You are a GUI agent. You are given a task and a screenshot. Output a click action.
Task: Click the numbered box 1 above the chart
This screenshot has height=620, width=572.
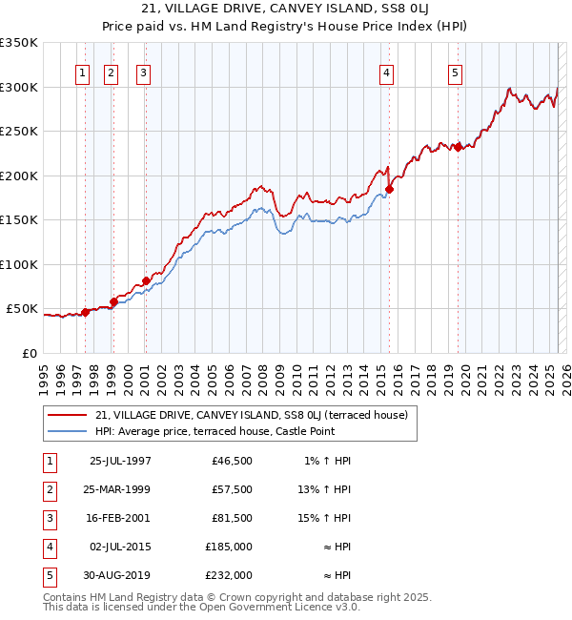point(83,72)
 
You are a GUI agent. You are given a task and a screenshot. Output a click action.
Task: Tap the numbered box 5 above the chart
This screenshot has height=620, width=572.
point(455,72)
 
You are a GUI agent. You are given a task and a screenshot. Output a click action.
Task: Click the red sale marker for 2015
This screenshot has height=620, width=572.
point(389,189)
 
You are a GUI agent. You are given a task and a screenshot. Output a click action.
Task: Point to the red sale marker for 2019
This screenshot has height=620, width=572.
point(459,147)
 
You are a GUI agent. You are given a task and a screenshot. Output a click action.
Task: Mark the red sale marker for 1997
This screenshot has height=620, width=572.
point(85,312)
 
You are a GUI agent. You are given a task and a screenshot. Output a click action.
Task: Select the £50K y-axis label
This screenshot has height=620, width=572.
point(22,309)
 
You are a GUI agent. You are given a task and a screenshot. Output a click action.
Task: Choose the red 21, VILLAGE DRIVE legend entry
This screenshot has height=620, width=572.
point(252,415)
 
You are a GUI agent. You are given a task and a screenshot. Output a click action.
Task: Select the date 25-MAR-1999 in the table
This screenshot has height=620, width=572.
point(120,489)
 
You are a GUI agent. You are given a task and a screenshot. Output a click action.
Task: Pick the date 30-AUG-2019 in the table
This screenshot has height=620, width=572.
point(120,575)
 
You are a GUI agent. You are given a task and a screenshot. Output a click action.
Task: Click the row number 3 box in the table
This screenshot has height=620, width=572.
point(47,518)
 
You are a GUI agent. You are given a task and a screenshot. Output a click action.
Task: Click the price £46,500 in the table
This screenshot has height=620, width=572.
point(233,461)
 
